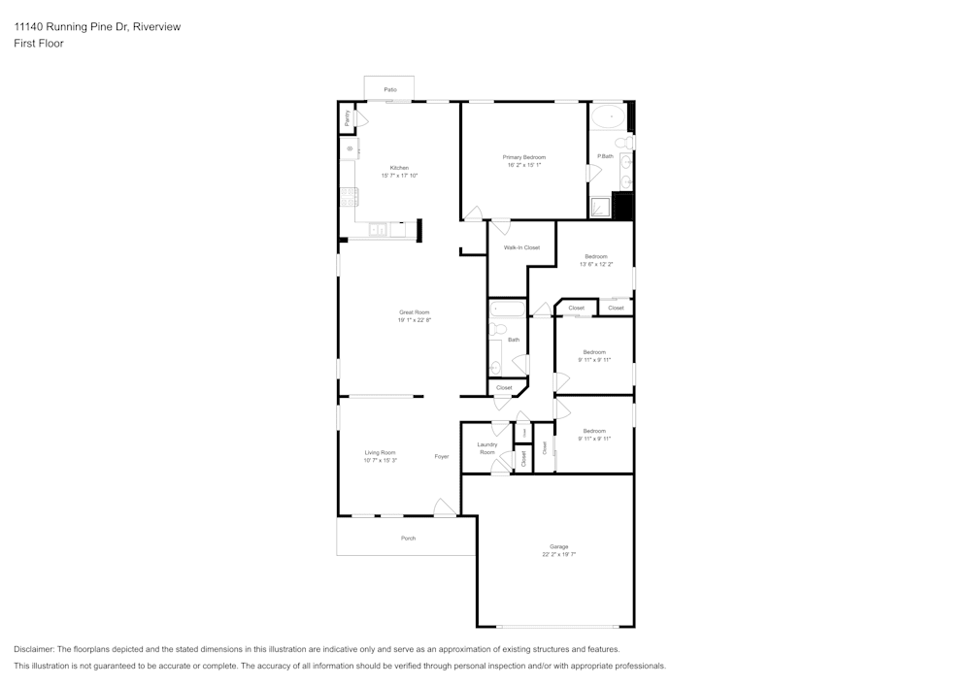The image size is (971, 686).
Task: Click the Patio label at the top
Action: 389,89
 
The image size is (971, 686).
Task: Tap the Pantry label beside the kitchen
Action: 348,118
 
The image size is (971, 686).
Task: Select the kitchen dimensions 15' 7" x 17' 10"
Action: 399,176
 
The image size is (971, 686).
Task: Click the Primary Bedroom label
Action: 523,157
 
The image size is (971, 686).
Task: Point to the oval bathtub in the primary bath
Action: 608,118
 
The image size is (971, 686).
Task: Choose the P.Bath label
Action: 605,156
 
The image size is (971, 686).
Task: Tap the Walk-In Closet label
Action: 521,247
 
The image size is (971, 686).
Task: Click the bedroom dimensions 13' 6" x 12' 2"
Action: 595,264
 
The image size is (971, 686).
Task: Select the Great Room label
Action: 414,312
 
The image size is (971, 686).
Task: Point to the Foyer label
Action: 442,456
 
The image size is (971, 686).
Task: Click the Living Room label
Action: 380,452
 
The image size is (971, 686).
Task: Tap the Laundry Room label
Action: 486,448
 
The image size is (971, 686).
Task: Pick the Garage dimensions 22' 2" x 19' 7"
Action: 558,555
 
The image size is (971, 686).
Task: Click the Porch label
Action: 408,538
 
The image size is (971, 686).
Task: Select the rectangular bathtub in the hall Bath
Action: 507,310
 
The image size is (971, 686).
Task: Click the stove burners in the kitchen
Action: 348,197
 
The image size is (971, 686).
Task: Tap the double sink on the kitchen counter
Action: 378,230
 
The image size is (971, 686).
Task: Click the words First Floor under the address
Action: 39,44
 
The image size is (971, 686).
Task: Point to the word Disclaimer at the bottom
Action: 34,649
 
